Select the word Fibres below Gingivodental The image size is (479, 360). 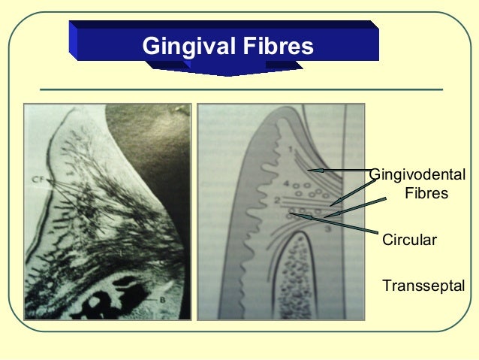tap(426, 194)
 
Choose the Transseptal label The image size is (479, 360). tap(423, 286)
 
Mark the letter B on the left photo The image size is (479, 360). tap(161, 301)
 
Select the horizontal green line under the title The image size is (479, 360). tap(241, 89)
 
